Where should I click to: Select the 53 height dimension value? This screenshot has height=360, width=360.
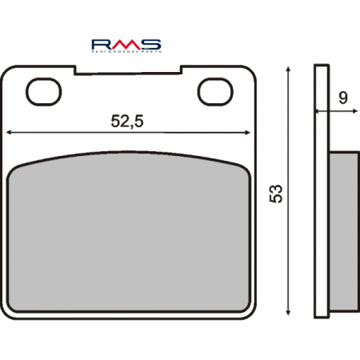pyautogui.click(x=276, y=193)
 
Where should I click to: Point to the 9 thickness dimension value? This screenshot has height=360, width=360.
pyautogui.click(x=342, y=98)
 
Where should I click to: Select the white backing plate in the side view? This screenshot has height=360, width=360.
pyautogui.click(x=321, y=192)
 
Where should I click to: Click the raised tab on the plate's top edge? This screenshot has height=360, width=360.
pyautogui.click(x=128, y=70)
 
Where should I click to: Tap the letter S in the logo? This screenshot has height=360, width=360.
pyautogui.click(x=152, y=42)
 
